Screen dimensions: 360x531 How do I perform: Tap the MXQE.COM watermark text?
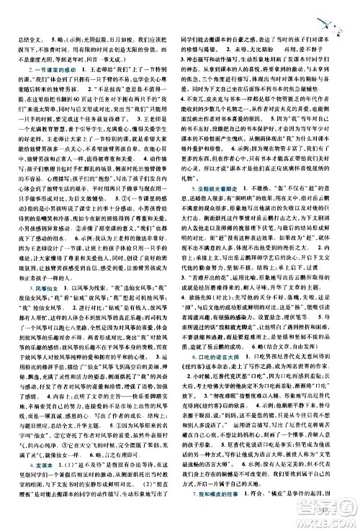click(x=331, y=523)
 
